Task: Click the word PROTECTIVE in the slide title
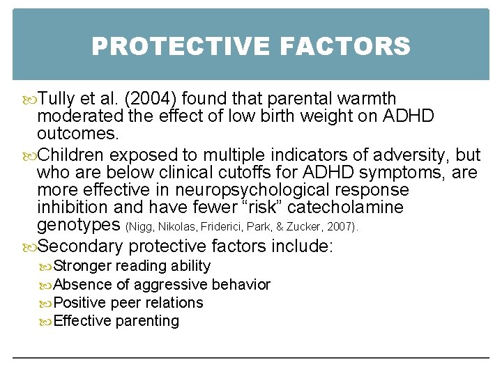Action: tap(179, 47)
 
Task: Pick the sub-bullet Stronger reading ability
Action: tap(132, 266)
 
